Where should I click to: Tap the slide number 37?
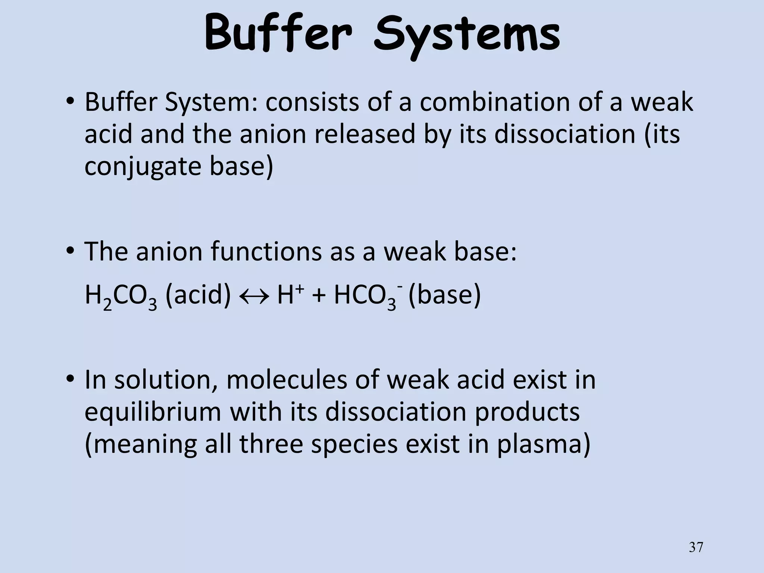tap(696, 548)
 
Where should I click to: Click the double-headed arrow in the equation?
tap(254, 296)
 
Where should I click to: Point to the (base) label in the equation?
tap(445, 296)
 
